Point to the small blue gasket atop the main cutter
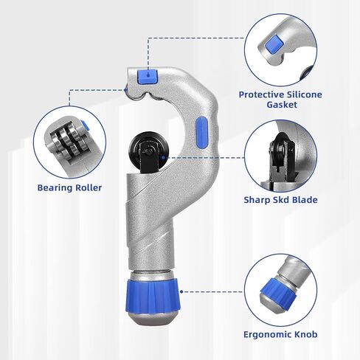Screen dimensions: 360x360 coord(149,74)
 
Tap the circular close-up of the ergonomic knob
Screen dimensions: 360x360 coord(280,283)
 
